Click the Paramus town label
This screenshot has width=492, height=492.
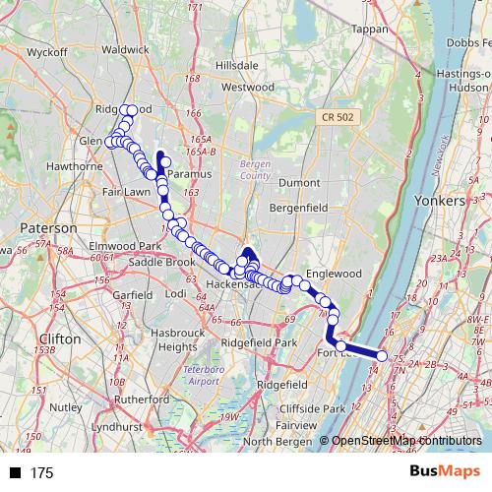184,174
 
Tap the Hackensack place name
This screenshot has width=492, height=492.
234,286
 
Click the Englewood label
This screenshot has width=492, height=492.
336,273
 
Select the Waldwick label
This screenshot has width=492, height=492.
125,48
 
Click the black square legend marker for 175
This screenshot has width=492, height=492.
15,473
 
